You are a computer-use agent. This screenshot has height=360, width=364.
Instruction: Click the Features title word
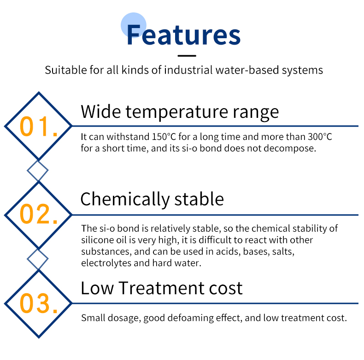(x=184, y=35)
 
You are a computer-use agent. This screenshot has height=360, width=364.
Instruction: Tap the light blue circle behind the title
(x=134, y=25)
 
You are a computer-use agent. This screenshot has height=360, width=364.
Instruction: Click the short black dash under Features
(x=187, y=56)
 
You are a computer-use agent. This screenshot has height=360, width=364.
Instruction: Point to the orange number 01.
(x=39, y=127)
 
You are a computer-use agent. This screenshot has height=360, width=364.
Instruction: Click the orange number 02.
(x=39, y=214)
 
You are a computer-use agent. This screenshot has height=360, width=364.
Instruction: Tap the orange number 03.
(x=39, y=303)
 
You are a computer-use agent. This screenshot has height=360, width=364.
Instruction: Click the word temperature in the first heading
(x=177, y=112)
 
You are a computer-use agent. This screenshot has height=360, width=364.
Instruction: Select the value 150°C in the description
(x=164, y=137)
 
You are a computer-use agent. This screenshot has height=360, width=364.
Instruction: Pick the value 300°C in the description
(x=320, y=137)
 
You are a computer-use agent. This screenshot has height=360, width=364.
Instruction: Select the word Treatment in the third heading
(x=161, y=288)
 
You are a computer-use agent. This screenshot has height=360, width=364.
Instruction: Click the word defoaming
(x=190, y=318)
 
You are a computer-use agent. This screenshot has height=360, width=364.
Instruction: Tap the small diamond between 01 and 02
(x=38, y=170)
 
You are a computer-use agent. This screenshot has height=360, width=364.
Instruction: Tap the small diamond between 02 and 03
(x=38, y=259)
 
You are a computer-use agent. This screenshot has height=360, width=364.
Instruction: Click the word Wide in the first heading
(x=101, y=111)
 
